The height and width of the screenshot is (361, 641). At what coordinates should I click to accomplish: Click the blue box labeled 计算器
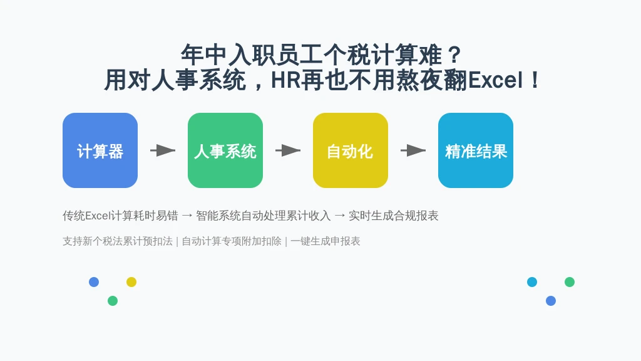[100, 150]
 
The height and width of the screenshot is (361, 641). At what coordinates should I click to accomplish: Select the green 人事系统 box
[225, 150]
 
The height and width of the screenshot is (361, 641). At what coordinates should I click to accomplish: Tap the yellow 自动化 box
[351, 150]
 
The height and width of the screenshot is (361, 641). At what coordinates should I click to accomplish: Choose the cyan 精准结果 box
[476, 150]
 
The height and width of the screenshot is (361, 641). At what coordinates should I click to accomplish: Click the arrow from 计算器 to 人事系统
[163, 150]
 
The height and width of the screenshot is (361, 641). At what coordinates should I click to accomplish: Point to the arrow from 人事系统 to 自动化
[288, 150]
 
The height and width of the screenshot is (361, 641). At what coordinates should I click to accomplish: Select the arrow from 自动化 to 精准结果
[413, 150]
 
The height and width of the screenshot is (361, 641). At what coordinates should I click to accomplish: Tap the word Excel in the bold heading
[495, 80]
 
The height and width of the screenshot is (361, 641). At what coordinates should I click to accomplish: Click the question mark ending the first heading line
[454, 55]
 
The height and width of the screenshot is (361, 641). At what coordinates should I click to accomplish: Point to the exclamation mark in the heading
[535, 80]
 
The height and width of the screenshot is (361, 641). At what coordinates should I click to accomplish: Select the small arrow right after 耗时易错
[187, 216]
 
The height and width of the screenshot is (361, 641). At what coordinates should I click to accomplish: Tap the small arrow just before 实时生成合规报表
[340, 216]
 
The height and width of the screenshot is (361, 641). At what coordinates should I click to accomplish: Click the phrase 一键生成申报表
[326, 241]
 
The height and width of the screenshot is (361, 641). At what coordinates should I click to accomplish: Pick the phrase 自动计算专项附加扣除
[232, 241]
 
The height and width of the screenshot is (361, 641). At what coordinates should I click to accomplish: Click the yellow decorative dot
[131, 282]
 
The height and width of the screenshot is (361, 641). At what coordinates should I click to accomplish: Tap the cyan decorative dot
[532, 282]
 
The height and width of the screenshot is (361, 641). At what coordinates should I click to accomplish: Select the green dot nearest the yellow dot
[113, 301]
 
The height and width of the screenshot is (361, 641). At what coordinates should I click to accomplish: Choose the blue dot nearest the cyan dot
[551, 301]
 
